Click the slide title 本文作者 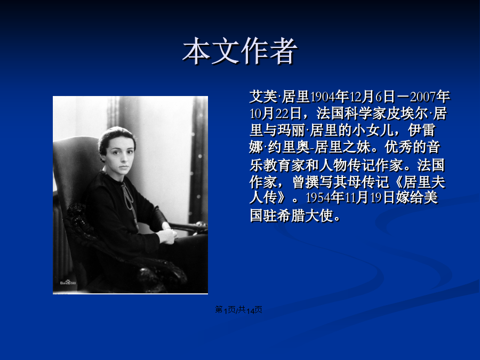[x=240, y=51]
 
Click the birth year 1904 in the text [x=322, y=97]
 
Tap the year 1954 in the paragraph [x=318, y=198]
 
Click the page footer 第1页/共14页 [x=238, y=310]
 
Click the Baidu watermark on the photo [x=68, y=282]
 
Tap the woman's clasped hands [x=168, y=235]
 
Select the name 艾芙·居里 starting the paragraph [x=279, y=97]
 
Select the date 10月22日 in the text [x=276, y=114]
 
